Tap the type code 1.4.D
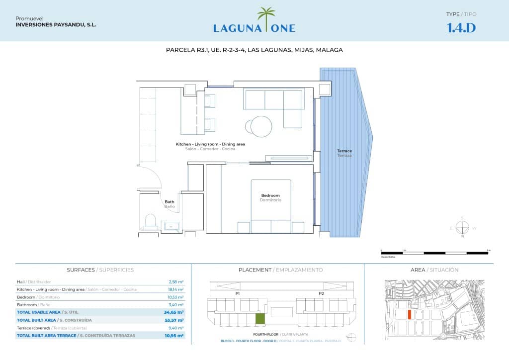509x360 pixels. click(x=461, y=27)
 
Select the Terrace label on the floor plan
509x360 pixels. click(x=344, y=153)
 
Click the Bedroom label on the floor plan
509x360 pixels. click(x=270, y=197)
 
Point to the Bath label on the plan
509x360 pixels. click(x=170, y=204)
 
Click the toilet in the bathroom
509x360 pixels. click(x=150, y=221)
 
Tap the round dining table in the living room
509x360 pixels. click(x=261, y=125)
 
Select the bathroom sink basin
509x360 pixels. click(x=171, y=226)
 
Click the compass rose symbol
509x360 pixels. click(x=462, y=228)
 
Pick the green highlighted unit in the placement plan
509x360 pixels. click(x=260, y=319)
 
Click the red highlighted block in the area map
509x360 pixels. click(x=409, y=314)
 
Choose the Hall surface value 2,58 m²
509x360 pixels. click(x=176, y=281)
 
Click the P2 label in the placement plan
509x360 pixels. click(x=322, y=294)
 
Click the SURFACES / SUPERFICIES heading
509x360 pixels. click(x=100, y=270)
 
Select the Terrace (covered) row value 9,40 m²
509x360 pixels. click(x=176, y=328)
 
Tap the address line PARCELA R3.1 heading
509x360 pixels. click(x=254, y=50)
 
